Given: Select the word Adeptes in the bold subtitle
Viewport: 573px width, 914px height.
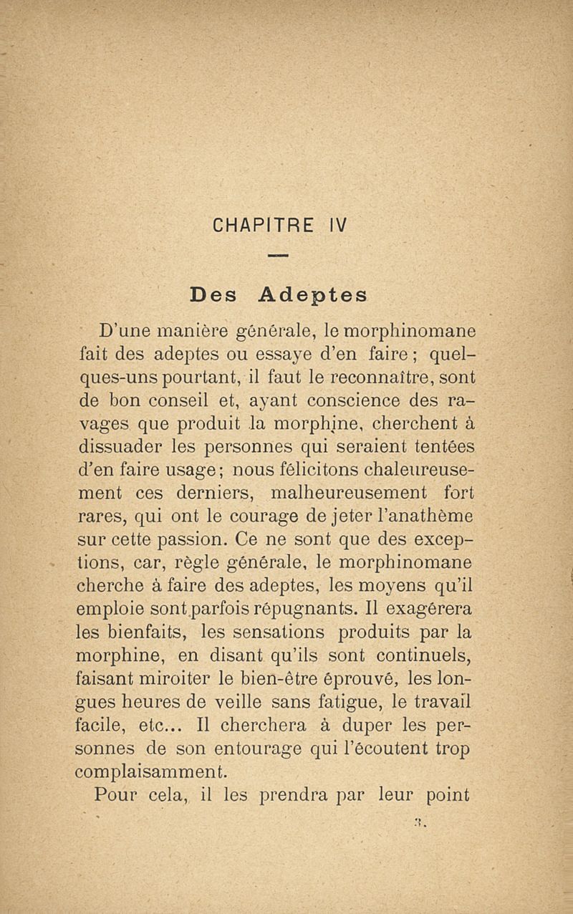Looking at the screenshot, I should click(x=312, y=294).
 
